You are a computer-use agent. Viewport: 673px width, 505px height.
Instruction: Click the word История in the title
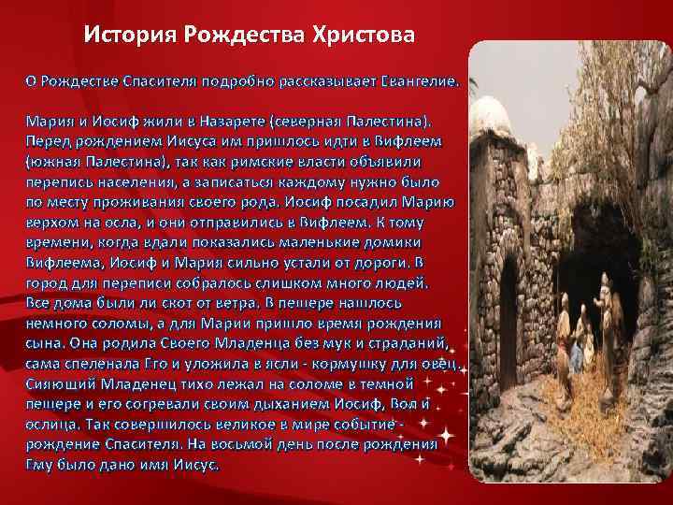pyautogui.click(x=131, y=36)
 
